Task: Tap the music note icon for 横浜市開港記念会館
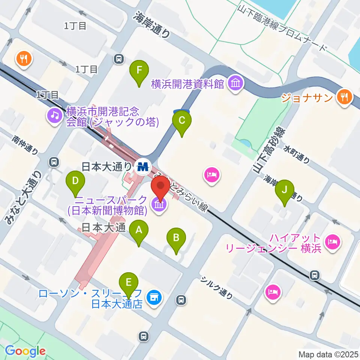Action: click(x=55, y=115)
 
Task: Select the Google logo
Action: click(x=25, y=351)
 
